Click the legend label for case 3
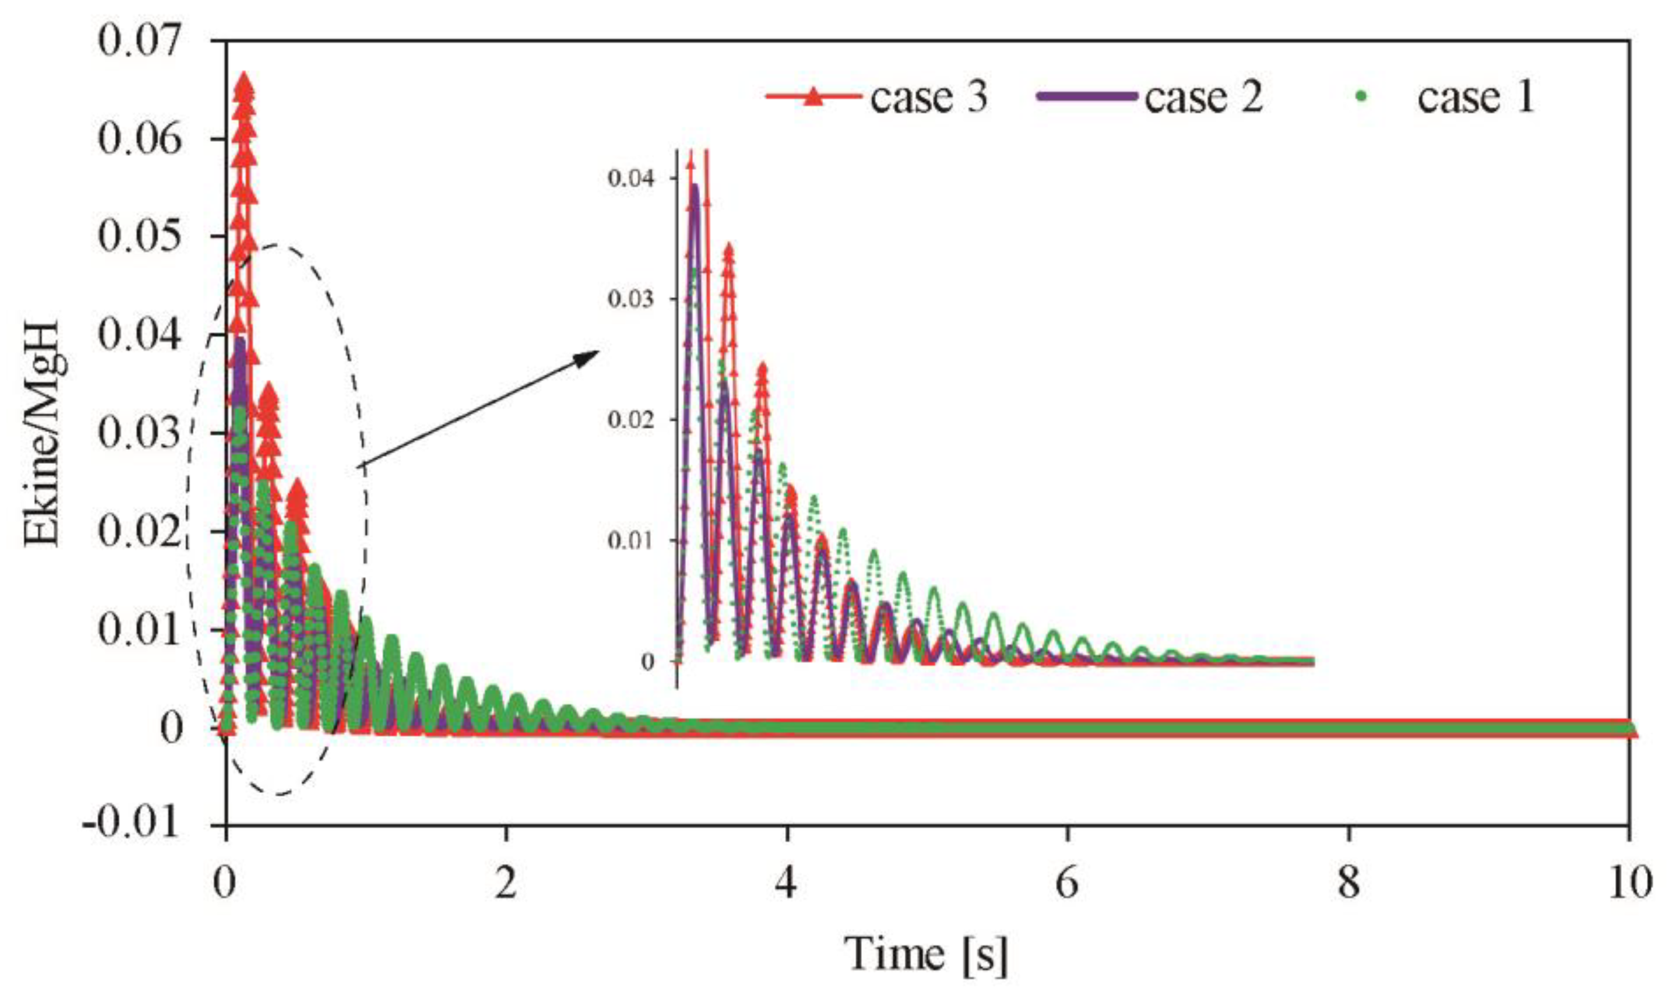(x=929, y=97)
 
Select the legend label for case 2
(x=1203, y=97)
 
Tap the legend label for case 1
(x=1476, y=97)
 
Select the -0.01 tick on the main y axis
(x=132, y=823)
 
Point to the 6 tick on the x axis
(x=1068, y=883)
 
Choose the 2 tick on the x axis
(x=505, y=883)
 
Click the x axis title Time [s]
(x=926, y=954)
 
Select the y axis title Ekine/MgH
(x=45, y=434)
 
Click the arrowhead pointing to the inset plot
(x=586, y=357)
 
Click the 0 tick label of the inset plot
(x=648, y=662)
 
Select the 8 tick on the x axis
(x=1349, y=883)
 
